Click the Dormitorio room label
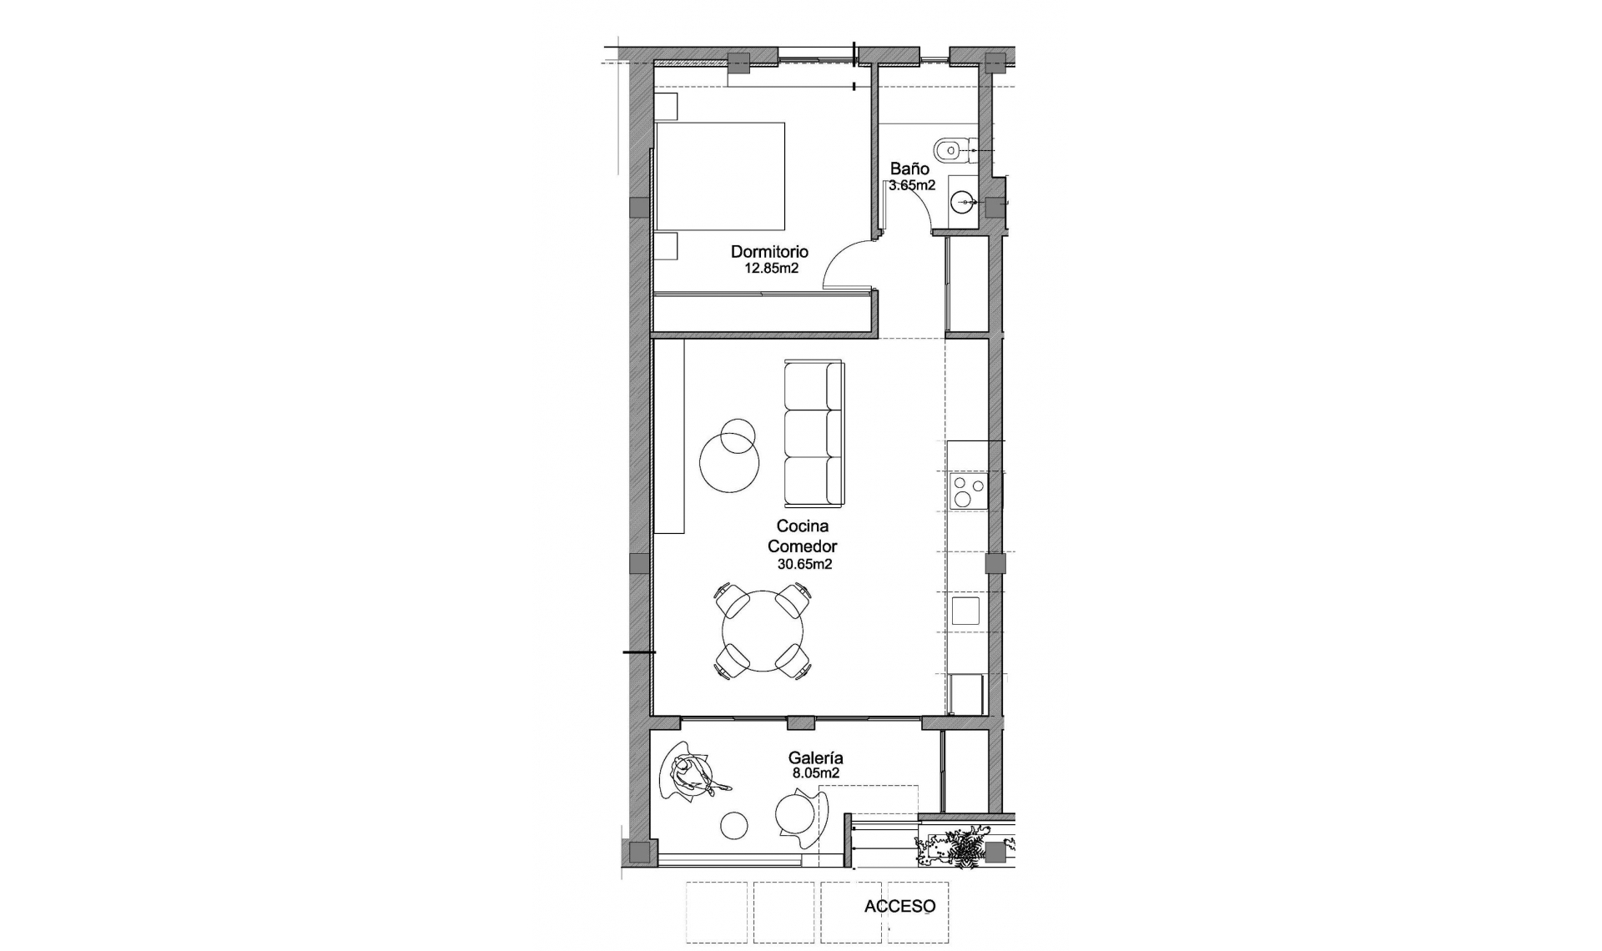click(x=769, y=251)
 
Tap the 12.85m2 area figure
click(x=771, y=269)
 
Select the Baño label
click(x=909, y=169)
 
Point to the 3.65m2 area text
click(x=911, y=186)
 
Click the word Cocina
click(x=802, y=526)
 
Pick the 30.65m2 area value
click(x=804, y=564)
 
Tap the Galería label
click(x=815, y=758)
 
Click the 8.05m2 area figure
click(x=815, y=773)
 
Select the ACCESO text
click(x=899, y=906)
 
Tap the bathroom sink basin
click(x=965, y=201)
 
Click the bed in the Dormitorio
click(x=720, y=176)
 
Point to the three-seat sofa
click(x=814, y=432)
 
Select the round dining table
click(x=763, y=631)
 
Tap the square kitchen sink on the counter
click(x=967, y=610)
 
